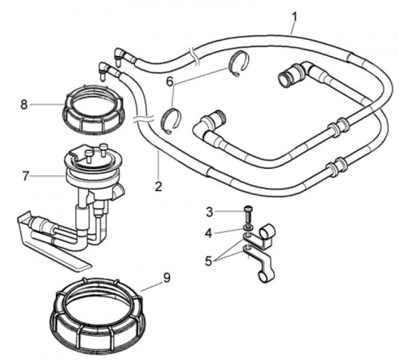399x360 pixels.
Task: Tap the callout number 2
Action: (158, 187)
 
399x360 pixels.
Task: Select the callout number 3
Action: (209, 212)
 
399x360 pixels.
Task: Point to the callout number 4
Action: (209, 233)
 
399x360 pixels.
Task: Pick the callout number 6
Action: (170, 80)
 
